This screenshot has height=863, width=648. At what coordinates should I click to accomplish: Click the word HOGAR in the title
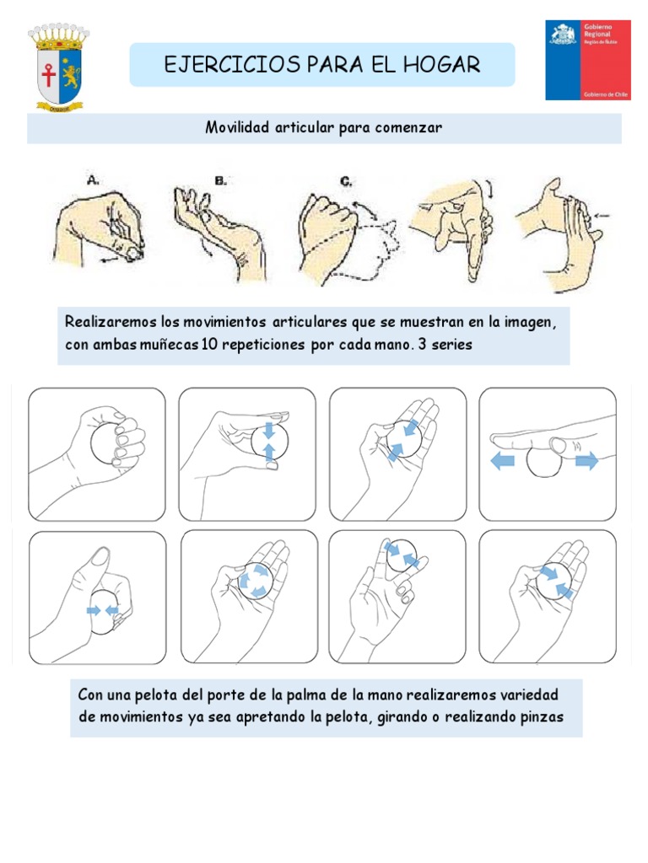(x=439, y=65)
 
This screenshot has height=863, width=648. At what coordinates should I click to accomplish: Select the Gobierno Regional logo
(x=587, y=60)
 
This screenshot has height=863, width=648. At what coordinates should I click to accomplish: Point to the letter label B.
(x=221, y=180)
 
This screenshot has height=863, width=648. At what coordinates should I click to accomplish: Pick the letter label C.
(x=347, y=180)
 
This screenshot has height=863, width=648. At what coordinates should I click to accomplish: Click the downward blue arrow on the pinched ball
(x=268, y=431)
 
